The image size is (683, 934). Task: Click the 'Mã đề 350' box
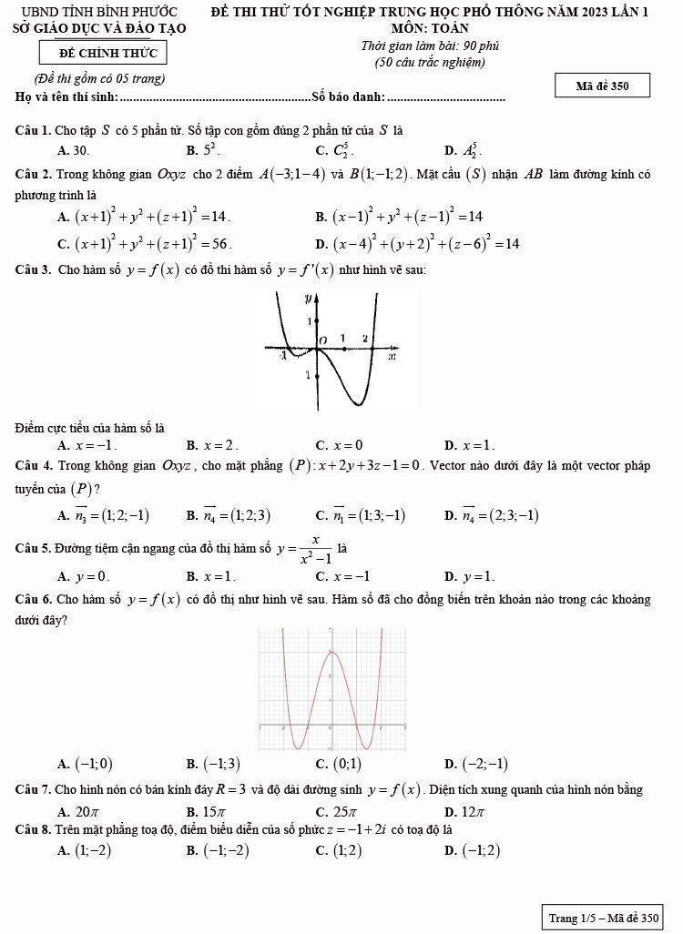602,86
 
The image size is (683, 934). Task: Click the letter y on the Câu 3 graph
308,298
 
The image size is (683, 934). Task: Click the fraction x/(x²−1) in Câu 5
314,550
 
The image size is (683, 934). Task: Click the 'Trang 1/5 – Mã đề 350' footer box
603,918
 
